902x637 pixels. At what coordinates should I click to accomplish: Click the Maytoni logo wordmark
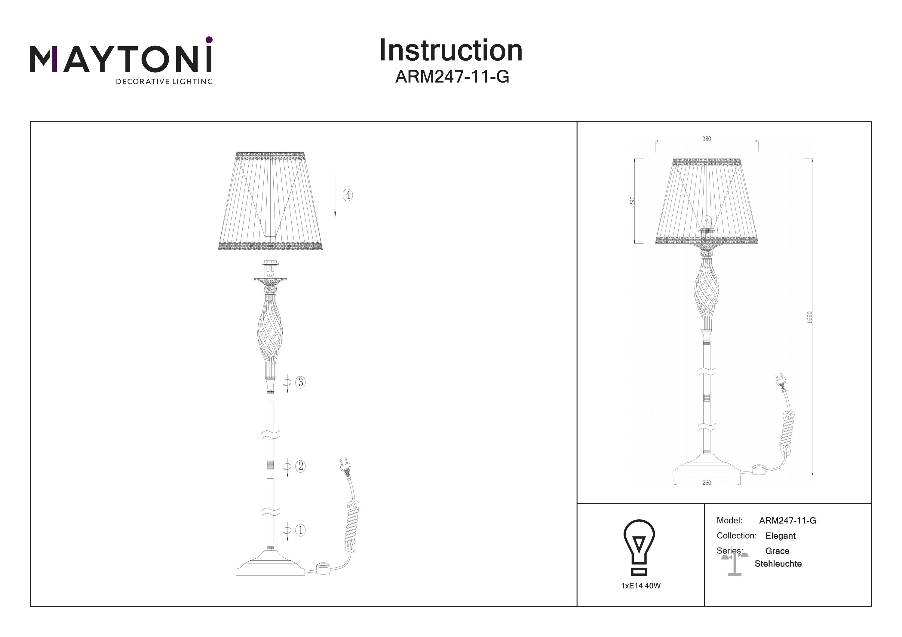tap(121, 59)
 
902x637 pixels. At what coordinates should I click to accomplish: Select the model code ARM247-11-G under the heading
tap(452, 77)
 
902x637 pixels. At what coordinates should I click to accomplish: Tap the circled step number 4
tap(348, 195)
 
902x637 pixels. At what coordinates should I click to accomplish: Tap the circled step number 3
tap(301, 382)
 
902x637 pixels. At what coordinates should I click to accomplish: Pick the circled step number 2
tap(301, 466)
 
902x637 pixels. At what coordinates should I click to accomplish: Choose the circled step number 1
tap(301, 530)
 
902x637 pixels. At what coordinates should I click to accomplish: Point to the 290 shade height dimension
tap(632, 201)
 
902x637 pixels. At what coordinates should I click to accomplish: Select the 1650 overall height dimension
tap(809, 317)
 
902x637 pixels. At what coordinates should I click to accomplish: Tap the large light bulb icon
tap(639, 547)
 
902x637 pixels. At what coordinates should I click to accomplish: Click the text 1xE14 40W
tap(641, 586)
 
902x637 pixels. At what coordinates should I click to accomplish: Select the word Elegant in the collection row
tap(780, 536)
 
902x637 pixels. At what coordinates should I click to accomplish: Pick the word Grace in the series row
tap(777, 551)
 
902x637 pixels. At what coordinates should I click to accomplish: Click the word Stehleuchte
tap(778, 564)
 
